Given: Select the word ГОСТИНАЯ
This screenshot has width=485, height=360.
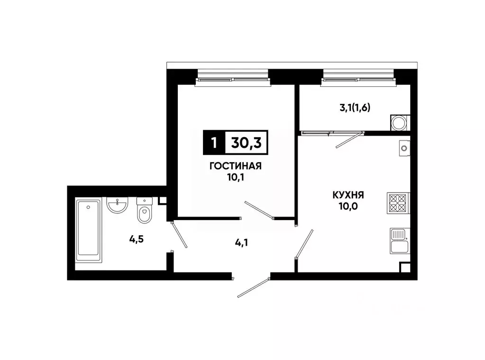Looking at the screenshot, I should (235, 166).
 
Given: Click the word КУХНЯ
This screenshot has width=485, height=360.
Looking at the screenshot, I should (348, 194).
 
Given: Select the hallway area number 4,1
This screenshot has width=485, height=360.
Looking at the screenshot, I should (242, 243).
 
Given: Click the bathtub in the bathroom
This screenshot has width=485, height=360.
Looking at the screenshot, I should (89, 231).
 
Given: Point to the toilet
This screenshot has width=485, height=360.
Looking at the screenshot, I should (144, 211).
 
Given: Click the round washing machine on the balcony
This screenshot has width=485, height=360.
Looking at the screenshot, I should (398, 123).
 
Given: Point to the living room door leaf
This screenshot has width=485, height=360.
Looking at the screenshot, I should (259, 210).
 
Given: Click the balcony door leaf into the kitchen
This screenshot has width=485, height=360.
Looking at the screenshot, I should (348, 140).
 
